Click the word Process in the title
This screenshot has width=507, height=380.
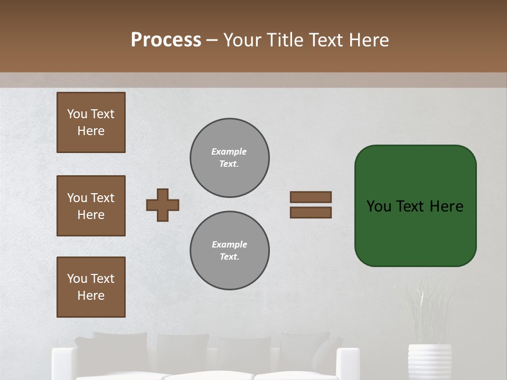coord(166,40)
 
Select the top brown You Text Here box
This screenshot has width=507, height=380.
coord(91,122)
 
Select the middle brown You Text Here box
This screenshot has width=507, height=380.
coord(91,206)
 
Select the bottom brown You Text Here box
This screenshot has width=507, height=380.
coord(91,287)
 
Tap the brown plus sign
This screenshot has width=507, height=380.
coord(163,205)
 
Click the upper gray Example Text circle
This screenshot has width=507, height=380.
coord(230,158)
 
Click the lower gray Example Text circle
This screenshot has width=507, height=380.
coord(230,251)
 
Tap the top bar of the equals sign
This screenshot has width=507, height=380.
coord(311,197)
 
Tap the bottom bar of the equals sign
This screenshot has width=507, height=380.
coord(311,212)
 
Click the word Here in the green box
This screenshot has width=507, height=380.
coord(446,206)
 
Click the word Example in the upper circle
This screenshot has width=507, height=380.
coord(229,152)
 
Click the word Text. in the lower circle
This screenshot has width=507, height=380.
coord(229,257)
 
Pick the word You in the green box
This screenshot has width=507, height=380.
coord(379,206)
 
